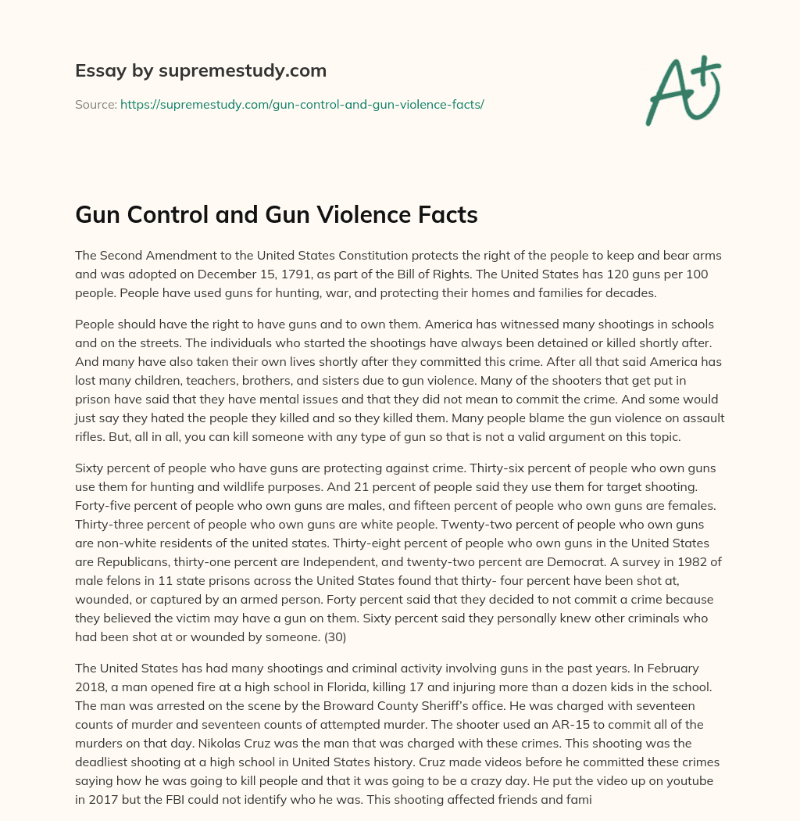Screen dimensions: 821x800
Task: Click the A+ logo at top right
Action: [x=683, y=90]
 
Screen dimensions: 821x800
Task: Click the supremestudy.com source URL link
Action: [x=302, y=104]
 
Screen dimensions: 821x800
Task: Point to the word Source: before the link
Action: [x=95, y=104]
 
